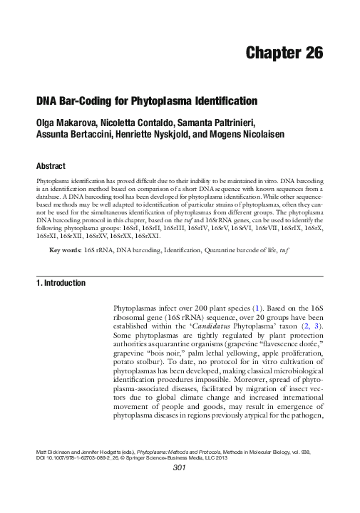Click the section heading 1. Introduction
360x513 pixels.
pyautogui.click(x=61, y=283)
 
